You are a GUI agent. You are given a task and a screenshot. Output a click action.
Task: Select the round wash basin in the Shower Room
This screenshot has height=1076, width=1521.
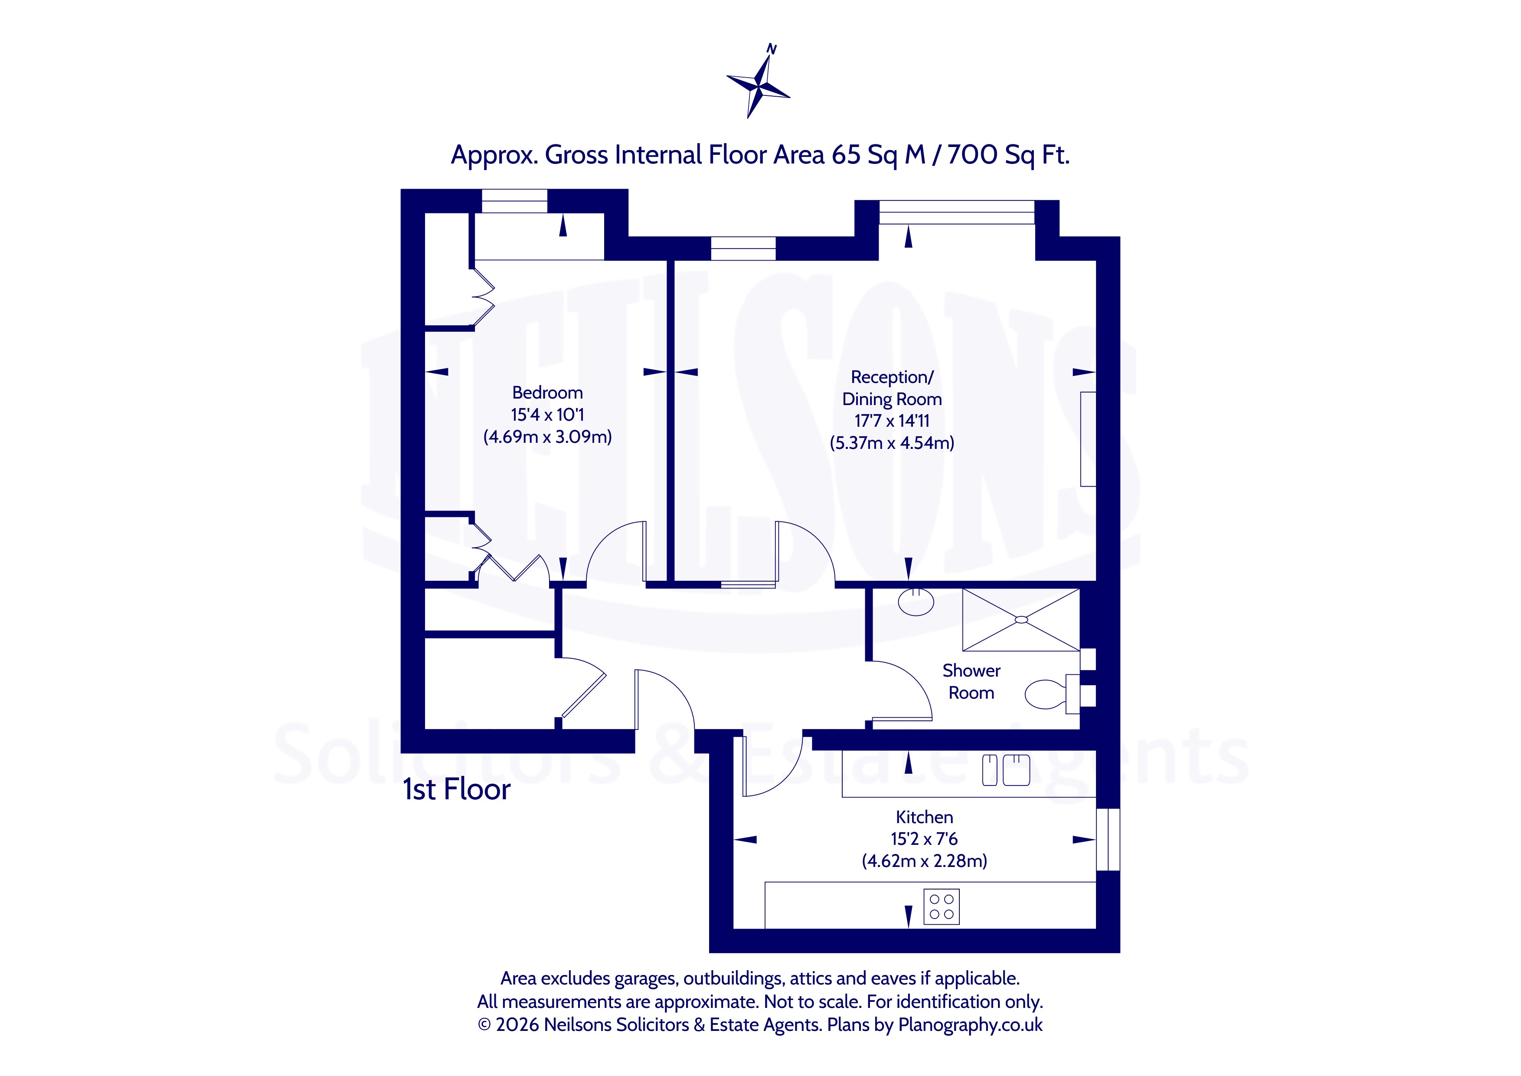coord(916,602)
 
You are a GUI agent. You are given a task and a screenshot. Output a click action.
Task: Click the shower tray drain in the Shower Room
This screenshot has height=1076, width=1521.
coord(1021,619)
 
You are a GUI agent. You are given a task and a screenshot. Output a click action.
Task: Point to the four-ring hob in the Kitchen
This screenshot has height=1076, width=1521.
coord(941,906)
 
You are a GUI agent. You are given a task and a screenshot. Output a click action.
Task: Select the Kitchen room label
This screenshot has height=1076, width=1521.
coord(924,817)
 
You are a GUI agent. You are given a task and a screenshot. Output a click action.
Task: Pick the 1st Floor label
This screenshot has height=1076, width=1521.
coord(456,789)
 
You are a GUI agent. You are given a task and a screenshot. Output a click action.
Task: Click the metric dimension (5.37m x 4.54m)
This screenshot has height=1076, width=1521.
coord(892,443)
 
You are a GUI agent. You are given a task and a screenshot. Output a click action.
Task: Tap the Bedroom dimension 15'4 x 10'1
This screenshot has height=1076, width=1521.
coord(547,415)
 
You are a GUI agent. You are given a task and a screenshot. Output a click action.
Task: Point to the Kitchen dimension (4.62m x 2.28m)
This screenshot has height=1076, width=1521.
coord(924,860)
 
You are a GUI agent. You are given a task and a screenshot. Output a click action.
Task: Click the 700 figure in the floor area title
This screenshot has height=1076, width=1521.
coord(972,155)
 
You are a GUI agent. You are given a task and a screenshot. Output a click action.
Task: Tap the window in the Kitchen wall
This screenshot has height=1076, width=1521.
coord(1108,840)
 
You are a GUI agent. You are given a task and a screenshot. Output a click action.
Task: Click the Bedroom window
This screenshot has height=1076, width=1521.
coord(514,201)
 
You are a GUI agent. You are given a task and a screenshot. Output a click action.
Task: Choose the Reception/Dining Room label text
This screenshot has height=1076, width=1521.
coord(892,388)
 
